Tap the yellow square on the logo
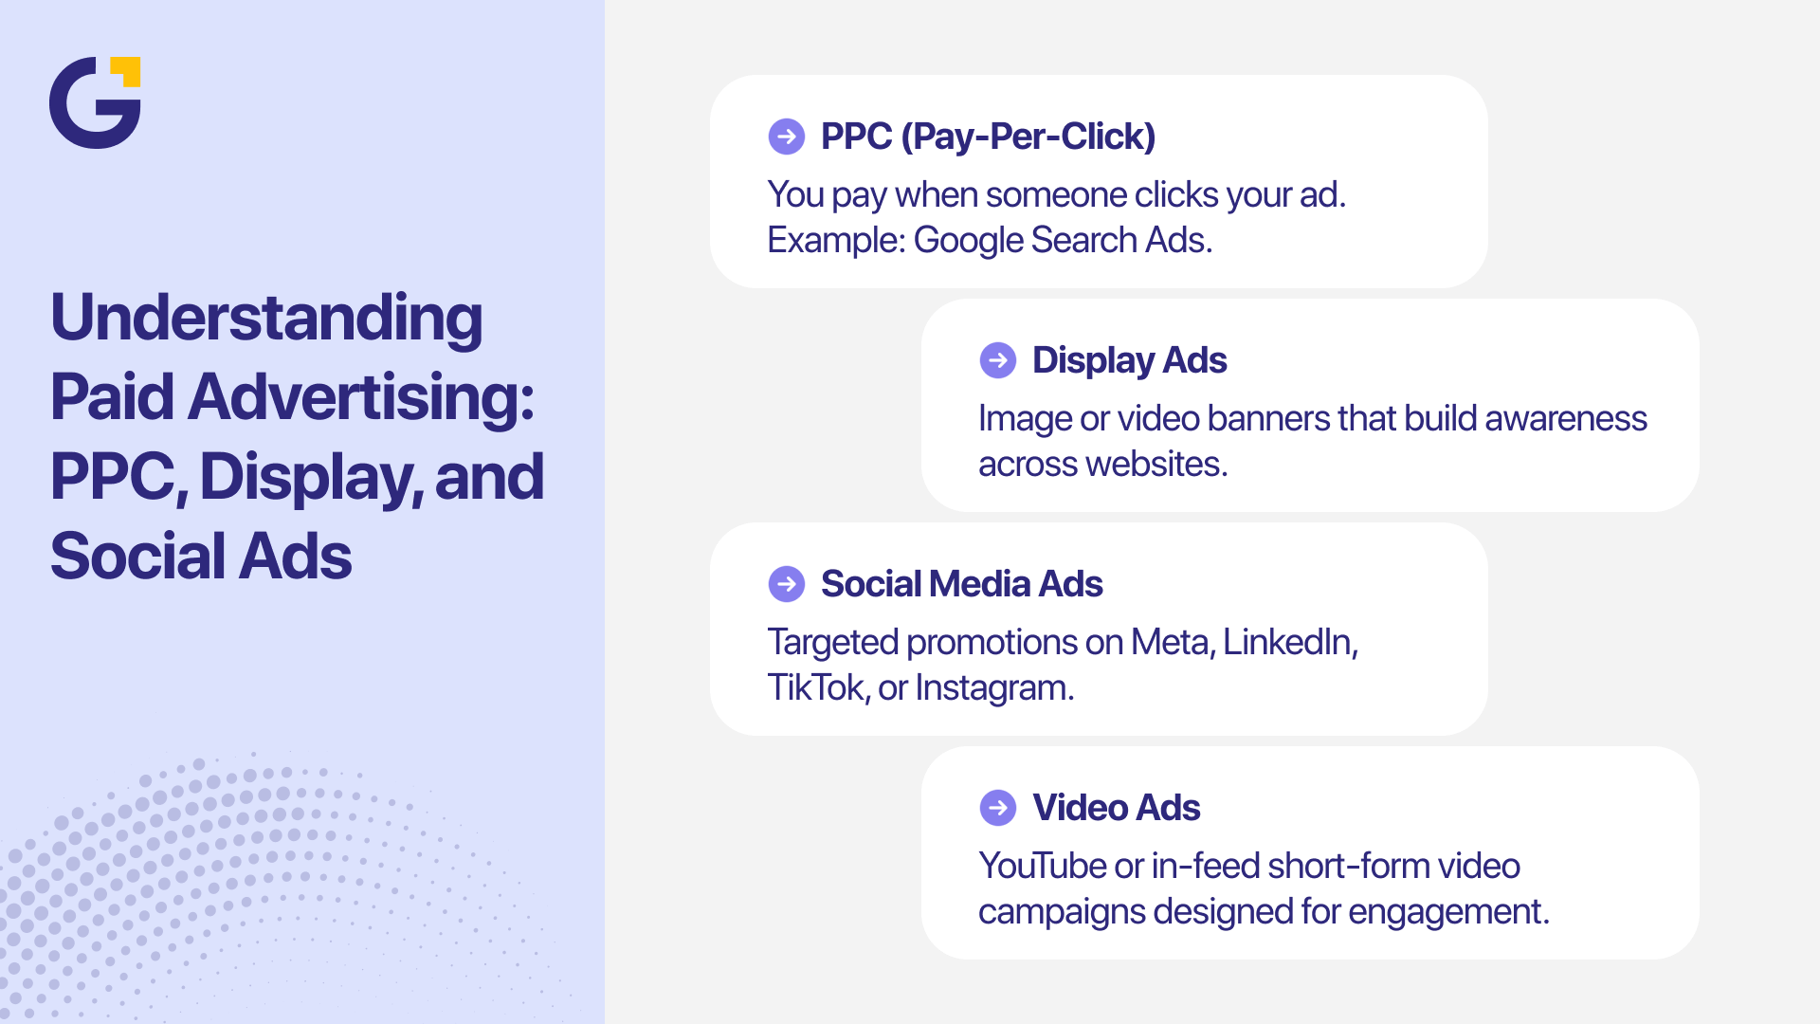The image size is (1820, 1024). [126, 70]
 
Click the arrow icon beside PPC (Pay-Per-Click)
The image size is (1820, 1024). [786, 137]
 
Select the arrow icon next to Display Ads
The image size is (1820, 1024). [997, 360]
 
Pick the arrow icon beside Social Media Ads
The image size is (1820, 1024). [786, 584]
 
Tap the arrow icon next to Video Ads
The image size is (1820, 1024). [997, 808]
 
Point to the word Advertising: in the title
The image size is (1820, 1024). [361, 397]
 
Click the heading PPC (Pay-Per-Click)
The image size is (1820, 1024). [988, 137]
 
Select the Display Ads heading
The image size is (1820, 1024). [1129, 360]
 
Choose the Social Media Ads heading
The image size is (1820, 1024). [961, 584]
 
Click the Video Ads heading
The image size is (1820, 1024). [1116, 808]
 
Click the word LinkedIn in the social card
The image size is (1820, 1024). [1289, 643]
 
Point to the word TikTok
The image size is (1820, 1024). [817, 688]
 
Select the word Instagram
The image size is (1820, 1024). [993, 688]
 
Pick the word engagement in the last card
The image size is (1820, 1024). [1447, 912]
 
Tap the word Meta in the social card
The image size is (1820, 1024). [1172, 643]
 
